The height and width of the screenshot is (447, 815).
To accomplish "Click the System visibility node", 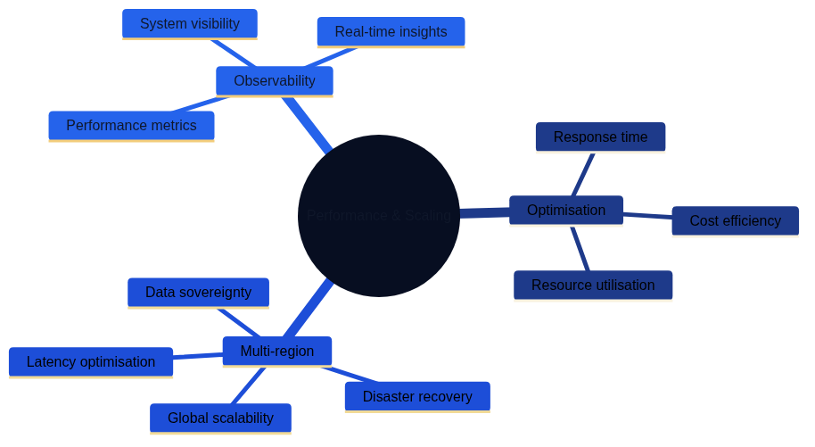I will point(190,24).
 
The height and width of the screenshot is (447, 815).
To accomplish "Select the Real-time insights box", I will point(391,32).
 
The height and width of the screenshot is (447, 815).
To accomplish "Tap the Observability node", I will point(275,81).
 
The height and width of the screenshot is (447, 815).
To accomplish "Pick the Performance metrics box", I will point(131,126).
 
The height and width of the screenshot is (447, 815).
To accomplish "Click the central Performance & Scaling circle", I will point(379,216).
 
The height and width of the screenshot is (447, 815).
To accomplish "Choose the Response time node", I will point(600,137).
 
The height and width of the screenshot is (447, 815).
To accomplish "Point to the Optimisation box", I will point(566,211).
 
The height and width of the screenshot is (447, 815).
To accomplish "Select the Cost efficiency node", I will point(735,221).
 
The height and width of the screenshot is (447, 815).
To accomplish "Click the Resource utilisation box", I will point(593,286).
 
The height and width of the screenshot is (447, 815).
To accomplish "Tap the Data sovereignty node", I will point(198,293).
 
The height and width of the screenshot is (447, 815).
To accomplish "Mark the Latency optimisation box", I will point(91,362).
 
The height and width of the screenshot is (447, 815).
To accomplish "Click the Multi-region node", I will point(277,352).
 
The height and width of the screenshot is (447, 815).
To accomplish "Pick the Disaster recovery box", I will point(417,397).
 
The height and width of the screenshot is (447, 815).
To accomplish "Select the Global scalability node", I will point(220,418).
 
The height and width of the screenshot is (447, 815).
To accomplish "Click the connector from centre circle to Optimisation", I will point(484,213).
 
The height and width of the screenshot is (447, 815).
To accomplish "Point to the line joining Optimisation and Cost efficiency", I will point(647,215).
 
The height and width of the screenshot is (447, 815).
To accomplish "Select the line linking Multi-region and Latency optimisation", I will point(198,356).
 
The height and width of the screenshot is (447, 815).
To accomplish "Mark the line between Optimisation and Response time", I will point(583,174).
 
